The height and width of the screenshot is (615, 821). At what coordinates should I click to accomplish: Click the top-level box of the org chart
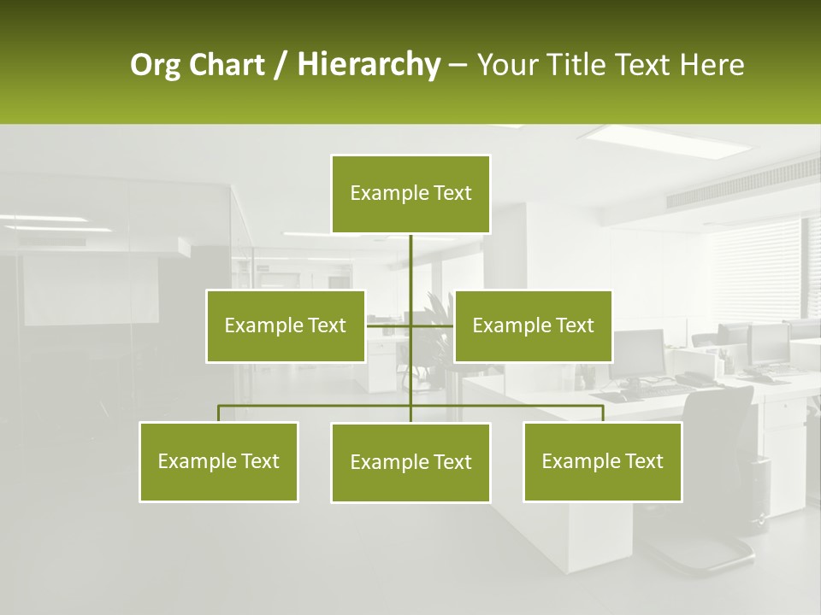pyautogui.click(x=410, y=194)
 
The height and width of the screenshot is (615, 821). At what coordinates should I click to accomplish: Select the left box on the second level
pyautogui.click(x=285, y=325)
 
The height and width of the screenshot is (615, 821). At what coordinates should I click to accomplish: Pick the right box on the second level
pyautogui.click(x=533, y=325)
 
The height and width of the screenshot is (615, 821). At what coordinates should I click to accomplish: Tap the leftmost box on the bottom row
pyautogui.click(x=218, y=461)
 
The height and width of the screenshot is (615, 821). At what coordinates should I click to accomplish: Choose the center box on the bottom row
pyautogui.click(x=410, y=462)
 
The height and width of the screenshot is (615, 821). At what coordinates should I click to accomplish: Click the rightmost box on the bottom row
pyautogui.click(x=602, y=461)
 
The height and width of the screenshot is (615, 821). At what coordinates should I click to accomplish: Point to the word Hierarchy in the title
pyautogui.click(x=369, y=65)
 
